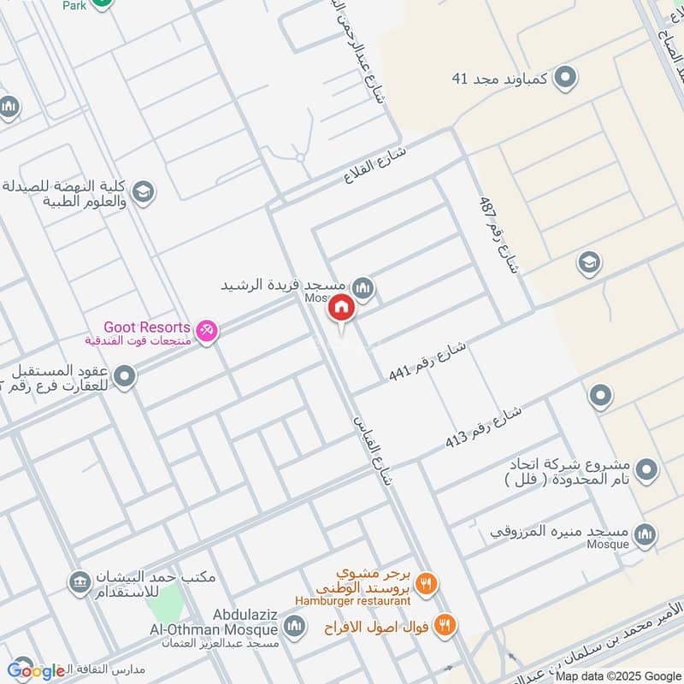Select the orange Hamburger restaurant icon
pyautogui.click(x=427, y=584)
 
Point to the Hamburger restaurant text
pyautogui.click(x=354, y=601)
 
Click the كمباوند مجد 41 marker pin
pyautogui.click(x=564, y=80)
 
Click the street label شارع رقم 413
pyautogui.click(x=483, y=427)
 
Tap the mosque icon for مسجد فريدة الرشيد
pyautogui.click(x=364, y=289)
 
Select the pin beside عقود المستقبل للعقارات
pyautogui.click(x=125, y=376)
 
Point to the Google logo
pyautogui.click(x=36, y=670)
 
